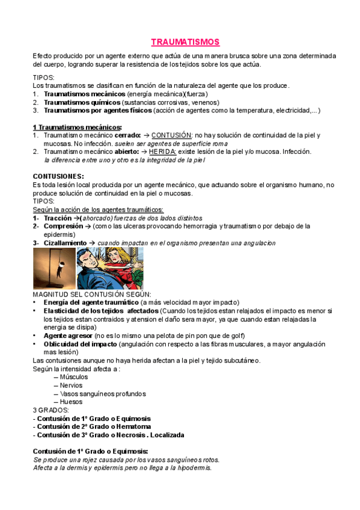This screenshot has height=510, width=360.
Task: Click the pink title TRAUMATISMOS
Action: tap(185, 42)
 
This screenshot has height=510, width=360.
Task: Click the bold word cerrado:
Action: tap(127, 136)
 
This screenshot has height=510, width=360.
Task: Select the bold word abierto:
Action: tap(126, 152)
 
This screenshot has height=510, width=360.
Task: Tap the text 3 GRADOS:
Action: tap(50, 410)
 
